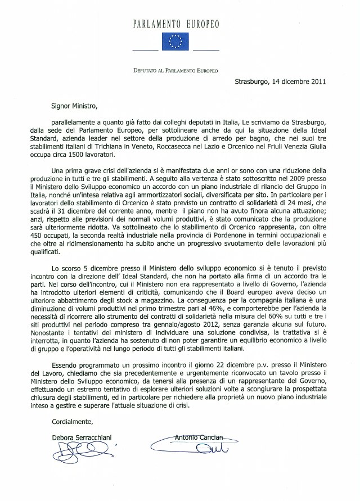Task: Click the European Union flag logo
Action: [x=177, y=42]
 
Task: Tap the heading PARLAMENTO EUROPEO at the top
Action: [x=177, y=24]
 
